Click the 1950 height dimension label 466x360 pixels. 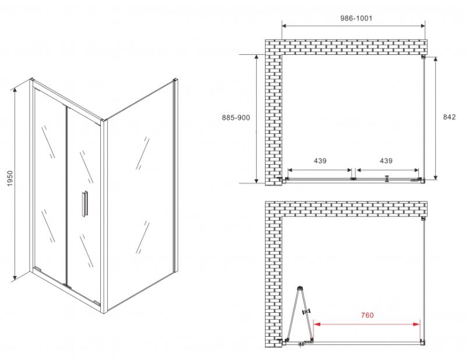(x=10, y=178)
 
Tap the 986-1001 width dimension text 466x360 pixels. (x=356, y=18)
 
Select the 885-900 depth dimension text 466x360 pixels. (x=236, y=118)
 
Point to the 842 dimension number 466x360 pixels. (x=449, y=117)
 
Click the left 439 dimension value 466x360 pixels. (x=320, y=161)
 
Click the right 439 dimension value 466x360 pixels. (x=386, y=161)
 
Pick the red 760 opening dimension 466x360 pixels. (x=368, y=315)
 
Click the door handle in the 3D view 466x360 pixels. (x=84, y=204)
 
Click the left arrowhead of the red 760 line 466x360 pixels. (x=317, y=324)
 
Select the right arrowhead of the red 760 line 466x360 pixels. (x=417, y=324)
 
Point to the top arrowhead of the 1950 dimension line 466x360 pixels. (x=15, y=90)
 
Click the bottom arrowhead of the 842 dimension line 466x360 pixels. (x=436, y=177)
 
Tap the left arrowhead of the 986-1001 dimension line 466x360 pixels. (x=285, y=26)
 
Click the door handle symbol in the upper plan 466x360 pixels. (x=387, y=178)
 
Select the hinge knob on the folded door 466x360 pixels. (x=306, y=312)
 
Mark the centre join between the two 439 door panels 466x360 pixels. (x=354, y=179)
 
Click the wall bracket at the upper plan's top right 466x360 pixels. (x=423, y=57)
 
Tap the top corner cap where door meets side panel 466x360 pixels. (x=103, y=121)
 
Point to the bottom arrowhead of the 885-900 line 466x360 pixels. (x=256, y=181)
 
